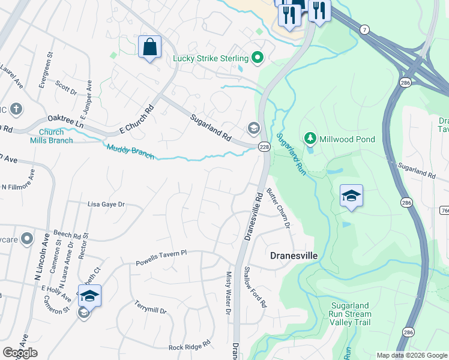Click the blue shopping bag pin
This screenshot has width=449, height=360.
[149, 47]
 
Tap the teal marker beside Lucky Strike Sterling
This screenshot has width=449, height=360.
[258, 58]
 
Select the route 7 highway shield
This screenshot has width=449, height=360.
[364, 29]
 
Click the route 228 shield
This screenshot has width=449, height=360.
[264, 146]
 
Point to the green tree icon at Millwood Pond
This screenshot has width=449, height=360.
[310, 139]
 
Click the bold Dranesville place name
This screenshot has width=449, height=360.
[294, 256]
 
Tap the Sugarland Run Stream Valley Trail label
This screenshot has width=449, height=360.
[351, 314]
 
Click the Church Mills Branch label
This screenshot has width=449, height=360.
[52, 136]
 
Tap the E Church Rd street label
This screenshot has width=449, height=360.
[137, 119]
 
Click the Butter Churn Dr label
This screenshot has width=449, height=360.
[279, 208]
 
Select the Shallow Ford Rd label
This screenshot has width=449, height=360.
[255, 287]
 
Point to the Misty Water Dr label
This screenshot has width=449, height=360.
[228, 292]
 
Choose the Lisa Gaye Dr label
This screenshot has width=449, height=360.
[106, 204]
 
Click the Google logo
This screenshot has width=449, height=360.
[20, 353]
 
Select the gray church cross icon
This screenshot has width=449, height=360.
[16, 109]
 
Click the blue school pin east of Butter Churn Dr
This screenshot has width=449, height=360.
[351, 196]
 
